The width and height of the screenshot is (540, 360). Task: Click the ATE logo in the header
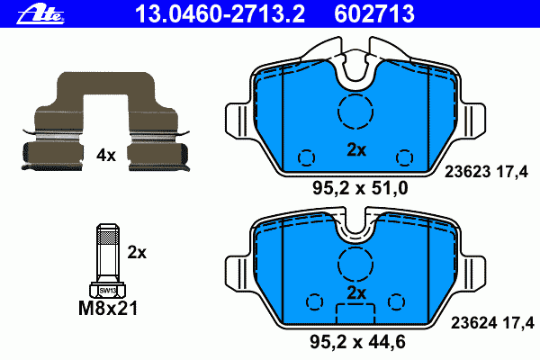(x=40, y=14)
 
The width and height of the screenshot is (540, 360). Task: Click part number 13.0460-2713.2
(x=220, y=13)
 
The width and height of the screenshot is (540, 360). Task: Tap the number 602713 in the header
(x=374, y=13)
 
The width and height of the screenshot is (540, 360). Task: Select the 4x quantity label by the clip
(x=106, y=156)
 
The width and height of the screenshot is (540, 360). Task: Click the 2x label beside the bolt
(x=137, y=253)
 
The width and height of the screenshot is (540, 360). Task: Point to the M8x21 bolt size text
(x=108, y=309)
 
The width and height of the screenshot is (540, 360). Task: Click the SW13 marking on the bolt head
(x=108, y=291)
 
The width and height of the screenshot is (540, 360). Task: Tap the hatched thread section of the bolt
(x=108, y=237)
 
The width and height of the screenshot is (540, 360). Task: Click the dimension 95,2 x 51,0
(x=360, y=188)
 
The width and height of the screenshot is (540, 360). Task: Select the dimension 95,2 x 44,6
(x=358, y=342)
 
